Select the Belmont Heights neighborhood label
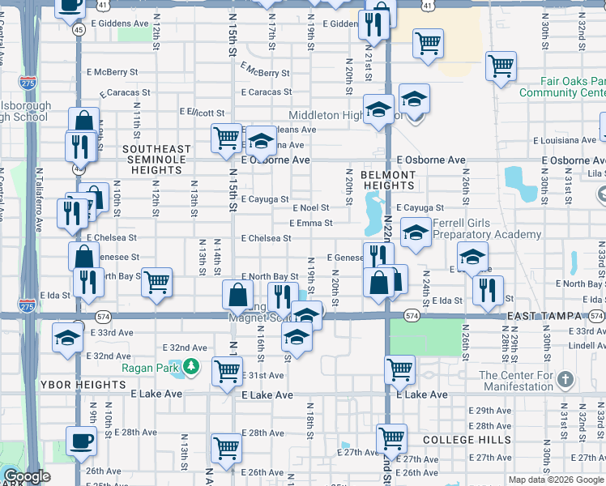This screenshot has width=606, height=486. (x=388, y=180)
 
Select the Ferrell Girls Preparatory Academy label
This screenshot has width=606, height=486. (x=487, y=228)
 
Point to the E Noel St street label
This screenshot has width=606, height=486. (x=311, y=208)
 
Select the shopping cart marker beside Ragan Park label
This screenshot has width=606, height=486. (x=228, y=371)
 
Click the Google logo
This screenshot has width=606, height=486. (x=28, y=477)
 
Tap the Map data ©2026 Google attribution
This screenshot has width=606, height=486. (x=556, y=480)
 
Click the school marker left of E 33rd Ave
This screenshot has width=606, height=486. (x=67, y=339)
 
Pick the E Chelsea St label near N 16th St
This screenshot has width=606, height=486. (x=266, y=238)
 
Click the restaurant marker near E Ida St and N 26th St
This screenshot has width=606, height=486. (x=488, y=291)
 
